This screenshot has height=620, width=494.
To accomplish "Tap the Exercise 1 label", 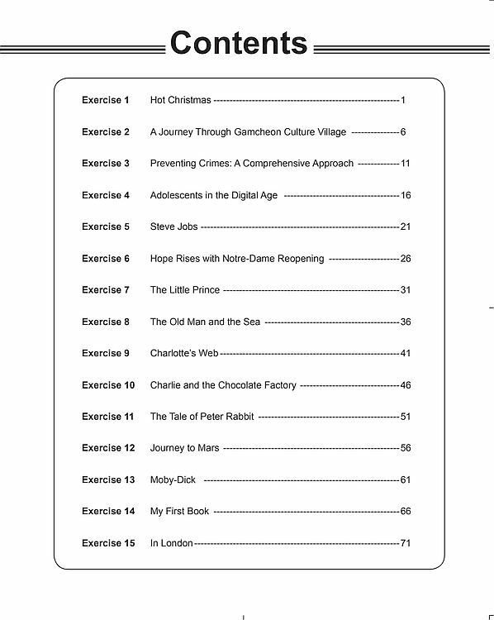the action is pyautogui.click(x=106, y=101).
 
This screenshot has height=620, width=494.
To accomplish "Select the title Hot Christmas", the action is pyautogui.click(x=181, y=101).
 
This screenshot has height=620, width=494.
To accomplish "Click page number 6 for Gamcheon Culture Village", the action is pyautogui.click(x=403, y=132).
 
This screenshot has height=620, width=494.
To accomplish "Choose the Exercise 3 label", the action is pyautogui.click(x=106, y=164).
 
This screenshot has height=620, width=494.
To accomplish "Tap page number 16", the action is pyautogui.click(x=405, y=196).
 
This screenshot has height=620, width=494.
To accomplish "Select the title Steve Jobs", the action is pyautogui.click(x=174, y=227).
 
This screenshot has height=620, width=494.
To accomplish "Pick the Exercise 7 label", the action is pyautogui.click(x=106, y=290).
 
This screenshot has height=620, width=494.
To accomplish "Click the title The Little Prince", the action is pyautogui.click(x=186, y=290).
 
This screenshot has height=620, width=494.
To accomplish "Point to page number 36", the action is pyautogui.click(x=405, y=322).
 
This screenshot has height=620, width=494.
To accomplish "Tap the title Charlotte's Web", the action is pyautogui.click(x=184, y=353).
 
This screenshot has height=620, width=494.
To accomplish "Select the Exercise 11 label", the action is pyautogui.click(x=107, y=417).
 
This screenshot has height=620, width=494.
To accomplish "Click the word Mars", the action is pyautogui.click(x=208, y=448).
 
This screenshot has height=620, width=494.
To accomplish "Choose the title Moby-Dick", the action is pyautogui.click(x=173, y=479).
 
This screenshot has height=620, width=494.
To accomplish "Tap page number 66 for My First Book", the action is pyautogui.click(x=405, y=512).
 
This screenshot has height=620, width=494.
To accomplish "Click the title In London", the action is pyautogui.click(x=172, y=543).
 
